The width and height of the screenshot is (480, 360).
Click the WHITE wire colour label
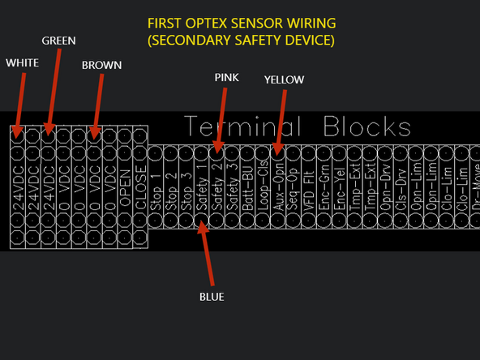click(x=21, y=62)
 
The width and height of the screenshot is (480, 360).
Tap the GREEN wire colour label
click(x=60, y=40)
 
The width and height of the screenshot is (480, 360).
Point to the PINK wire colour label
click(x=226, y=78)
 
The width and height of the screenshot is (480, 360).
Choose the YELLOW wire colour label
click(x=284, y=79)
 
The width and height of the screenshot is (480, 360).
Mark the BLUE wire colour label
click(x=212, y=297)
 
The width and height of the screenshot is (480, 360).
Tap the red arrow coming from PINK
click(x=221, y=118)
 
